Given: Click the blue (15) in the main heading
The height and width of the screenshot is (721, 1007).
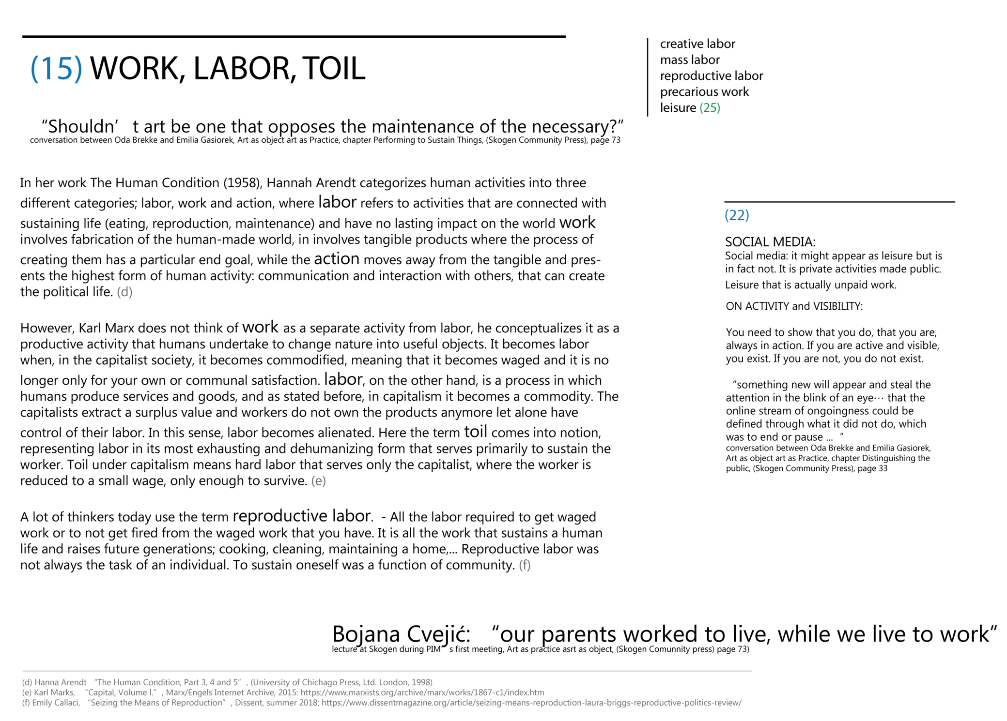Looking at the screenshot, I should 56,69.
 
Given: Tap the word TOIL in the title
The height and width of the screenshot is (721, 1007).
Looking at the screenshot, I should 334,69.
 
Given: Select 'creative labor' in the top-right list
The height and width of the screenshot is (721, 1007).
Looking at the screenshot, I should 697,44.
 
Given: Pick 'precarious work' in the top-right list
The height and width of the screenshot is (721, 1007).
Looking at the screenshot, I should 704,92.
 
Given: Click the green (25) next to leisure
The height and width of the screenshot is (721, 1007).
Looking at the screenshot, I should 710,108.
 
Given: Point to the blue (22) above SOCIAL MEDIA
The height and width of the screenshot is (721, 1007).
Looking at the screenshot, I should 736,215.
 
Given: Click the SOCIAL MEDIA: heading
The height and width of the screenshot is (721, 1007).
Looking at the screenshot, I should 770,242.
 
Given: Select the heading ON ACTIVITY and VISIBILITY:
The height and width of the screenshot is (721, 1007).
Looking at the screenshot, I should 794,306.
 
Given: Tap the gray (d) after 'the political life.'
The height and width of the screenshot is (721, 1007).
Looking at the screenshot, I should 124,292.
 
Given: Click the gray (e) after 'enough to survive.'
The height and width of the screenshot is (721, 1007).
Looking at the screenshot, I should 318,481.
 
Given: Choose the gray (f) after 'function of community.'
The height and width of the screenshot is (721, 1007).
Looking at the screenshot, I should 525,565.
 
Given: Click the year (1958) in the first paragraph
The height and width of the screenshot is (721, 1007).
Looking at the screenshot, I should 242,183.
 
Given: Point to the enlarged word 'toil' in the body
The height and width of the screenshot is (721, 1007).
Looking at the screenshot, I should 475,431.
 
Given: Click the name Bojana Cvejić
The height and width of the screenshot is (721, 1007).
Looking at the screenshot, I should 401,634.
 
